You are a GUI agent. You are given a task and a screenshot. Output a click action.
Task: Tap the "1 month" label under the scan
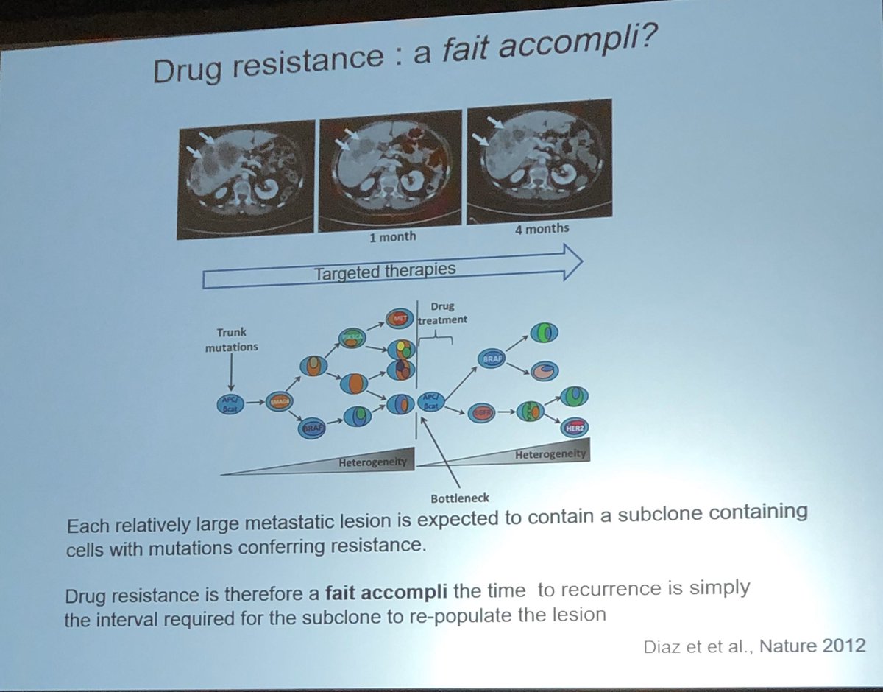pyautogui.click(x=393, y=237)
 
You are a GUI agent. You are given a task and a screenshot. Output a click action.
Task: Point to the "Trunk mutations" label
pyautogui.click(x=232, y=340)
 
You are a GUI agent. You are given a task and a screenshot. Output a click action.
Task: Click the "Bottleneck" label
pyautogui.click(x=450, y=498)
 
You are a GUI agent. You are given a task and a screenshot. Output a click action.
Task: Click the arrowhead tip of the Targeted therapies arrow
pyautogui.click(x=582, y=261)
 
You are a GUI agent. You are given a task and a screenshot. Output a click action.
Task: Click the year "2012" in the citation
pyautogui.click(x=845, y=646)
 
